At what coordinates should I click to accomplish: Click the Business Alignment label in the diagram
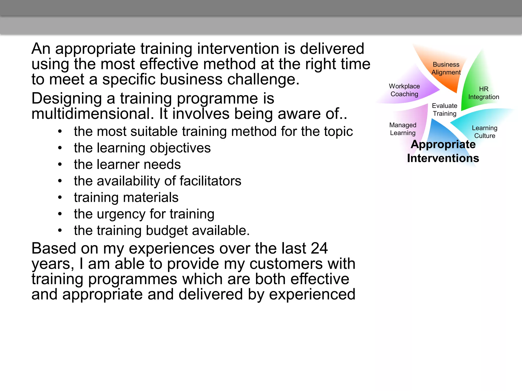pos(446,68)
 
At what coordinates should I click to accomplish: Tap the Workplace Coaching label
pos(404,90)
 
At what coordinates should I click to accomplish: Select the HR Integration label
pos(484,93)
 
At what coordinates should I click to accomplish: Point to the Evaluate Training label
pos(445,110)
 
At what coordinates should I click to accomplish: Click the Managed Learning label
pos(403,129)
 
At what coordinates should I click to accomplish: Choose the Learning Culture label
pos(485,132)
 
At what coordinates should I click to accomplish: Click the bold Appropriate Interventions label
pos(443,151)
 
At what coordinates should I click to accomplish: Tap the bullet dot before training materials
pos(60,198)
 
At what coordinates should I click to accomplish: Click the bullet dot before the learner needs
pos(60,165)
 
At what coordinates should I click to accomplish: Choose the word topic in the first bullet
pos(338,132)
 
